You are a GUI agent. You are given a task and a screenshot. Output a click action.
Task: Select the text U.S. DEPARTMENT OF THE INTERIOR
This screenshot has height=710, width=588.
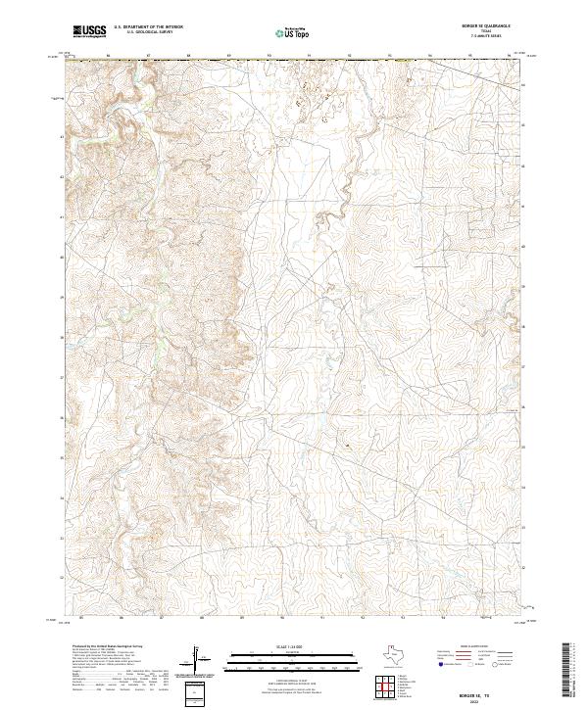coord(148,28)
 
